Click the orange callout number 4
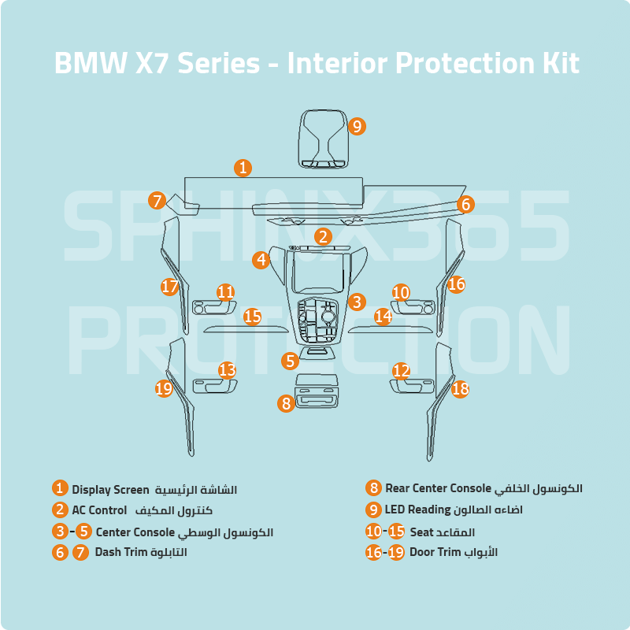pyautogui.click(x=261, y=259)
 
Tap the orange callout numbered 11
pyautogui.click(x=226, y=292)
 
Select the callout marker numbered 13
pyautogui.click(x=228, y=369)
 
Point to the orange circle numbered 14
pyautogui.click(x=383, y=316)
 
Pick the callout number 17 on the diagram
pyautogui.click(x=170, y=287)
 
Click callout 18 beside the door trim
pyautogui.click(x=460, y=388)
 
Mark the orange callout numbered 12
pyautogui.click(x=402, y=370)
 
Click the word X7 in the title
pyautogui.click(x=154, y=63)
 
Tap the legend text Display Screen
pyautogui.click(x=110, y=490)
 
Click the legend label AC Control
pyautogui.click(x=99, y=510)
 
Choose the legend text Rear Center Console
pyautogui.click(x=438, y=489)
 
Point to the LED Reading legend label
pyautogui.click(x=417, y=510)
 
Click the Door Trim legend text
pyautogui.click(x=434, y=552)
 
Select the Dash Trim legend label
pyautogui.click(x=120, y=552)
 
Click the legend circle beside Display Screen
pyautogui.click(x=60, y=489)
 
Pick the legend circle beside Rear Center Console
pyautogui.click(x=373, y=489)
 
